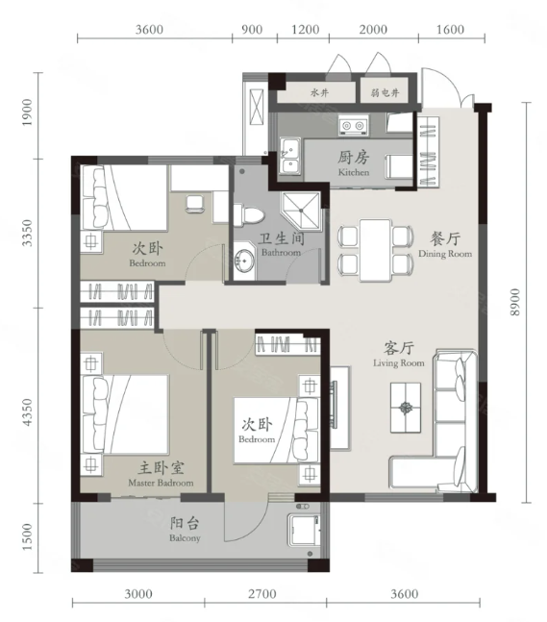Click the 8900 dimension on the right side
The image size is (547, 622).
point(514,302)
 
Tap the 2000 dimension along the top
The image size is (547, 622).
point(373,30)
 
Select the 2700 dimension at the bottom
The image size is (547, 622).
point(262,594)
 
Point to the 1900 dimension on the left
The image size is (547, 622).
point(27,112)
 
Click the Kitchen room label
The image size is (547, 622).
point(354,172)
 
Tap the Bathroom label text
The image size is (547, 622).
point(281,253)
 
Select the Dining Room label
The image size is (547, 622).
point(445,254)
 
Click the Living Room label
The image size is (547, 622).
point(399,363)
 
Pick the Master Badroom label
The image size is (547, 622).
point(161,483)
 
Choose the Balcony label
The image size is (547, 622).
point(185,538)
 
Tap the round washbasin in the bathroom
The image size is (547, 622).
point(244,261)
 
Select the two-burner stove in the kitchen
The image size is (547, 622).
point(353,126)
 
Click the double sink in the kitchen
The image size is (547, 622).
point(290,156)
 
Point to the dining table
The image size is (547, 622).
point(375,250)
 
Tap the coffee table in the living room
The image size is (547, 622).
point(406,408)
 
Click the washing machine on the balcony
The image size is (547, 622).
point(304,531)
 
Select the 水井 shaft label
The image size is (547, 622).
point(319,93)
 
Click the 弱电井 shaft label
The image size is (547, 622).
point(385,93)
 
